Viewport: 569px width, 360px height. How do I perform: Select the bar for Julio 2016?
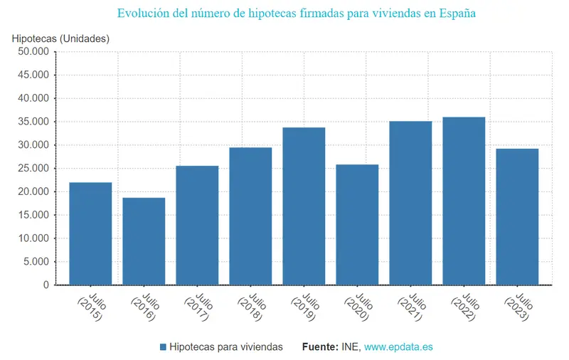click(x=144, y=241)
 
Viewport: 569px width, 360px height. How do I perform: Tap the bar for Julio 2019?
click(x=304, y=206)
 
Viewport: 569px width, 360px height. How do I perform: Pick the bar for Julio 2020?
click(x=357, y=225)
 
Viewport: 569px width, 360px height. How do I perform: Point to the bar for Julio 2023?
click(x=517, y=216)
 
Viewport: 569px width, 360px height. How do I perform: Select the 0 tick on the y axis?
click(x=46, y=285)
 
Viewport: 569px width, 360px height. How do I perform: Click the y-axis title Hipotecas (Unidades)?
click(x=61, y=38)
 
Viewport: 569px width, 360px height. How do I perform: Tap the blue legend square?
click(x=164, y=347)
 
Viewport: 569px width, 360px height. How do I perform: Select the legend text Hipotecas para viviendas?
click(x=227, y=347)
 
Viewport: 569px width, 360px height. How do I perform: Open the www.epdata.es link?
click(x=398, y=347)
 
